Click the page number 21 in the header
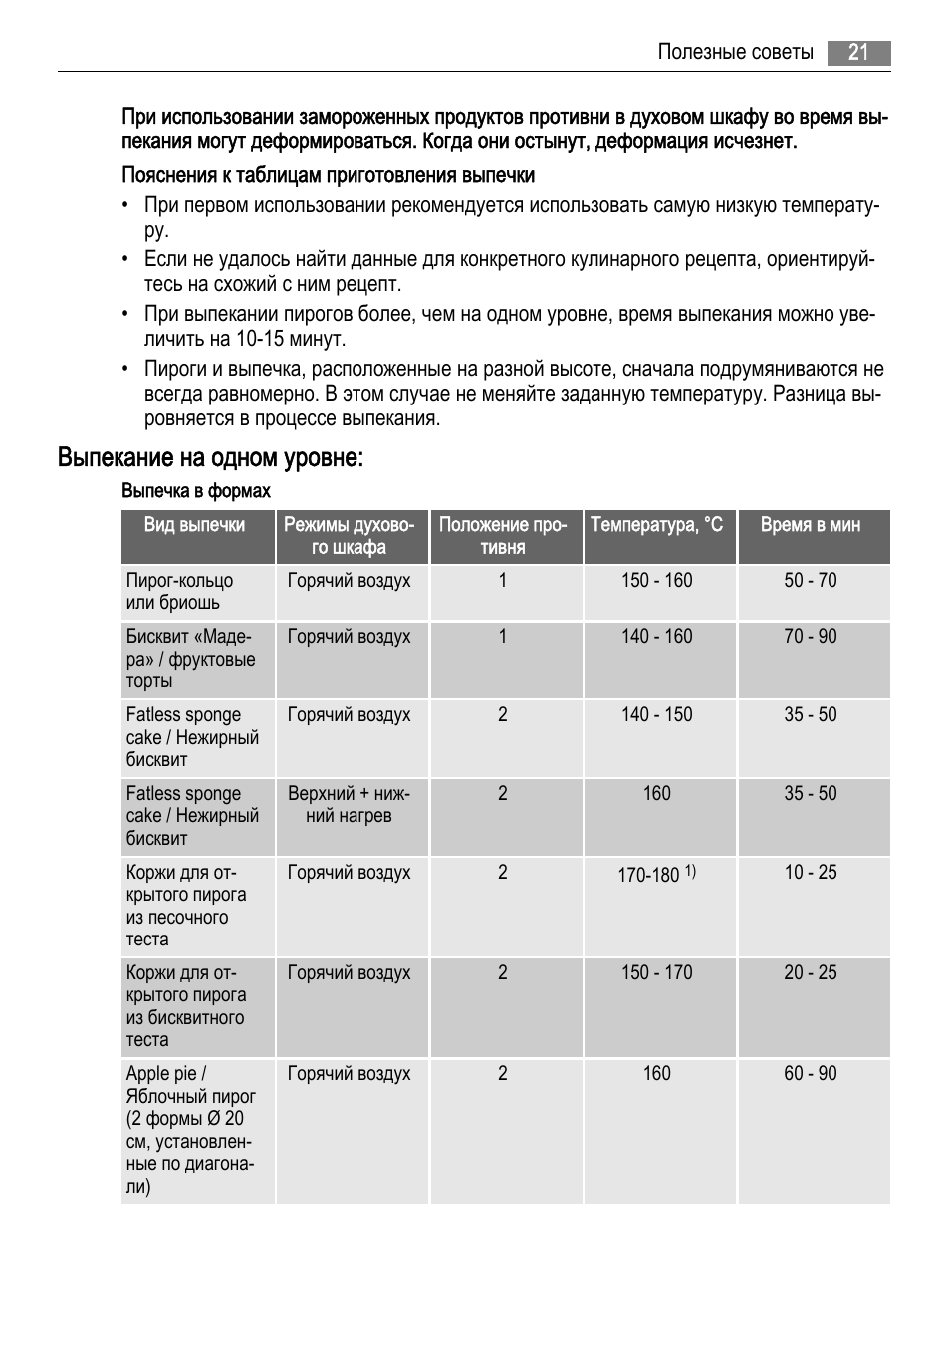coord(858,53)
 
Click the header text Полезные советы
coord(735,53)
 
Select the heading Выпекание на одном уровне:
coord(210,458)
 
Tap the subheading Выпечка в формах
coord(196,491)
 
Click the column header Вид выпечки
coord(194,525)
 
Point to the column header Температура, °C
coord(657,525)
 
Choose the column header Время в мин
coord(811,525)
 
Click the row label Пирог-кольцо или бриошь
coord(179,592)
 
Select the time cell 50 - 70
coord(811,581)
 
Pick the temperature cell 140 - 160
coord(657,637)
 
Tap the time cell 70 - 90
coord(811,637)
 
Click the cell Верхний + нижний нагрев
coord(349,805)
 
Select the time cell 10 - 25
coord(811,873)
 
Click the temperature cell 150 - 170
coord(657,973)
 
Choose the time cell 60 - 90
coord(811,1074)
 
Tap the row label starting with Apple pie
coord(190,1130)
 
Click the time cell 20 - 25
coord(811,973)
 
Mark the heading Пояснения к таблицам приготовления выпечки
coord(329,176)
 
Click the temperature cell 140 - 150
coord(657,715)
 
